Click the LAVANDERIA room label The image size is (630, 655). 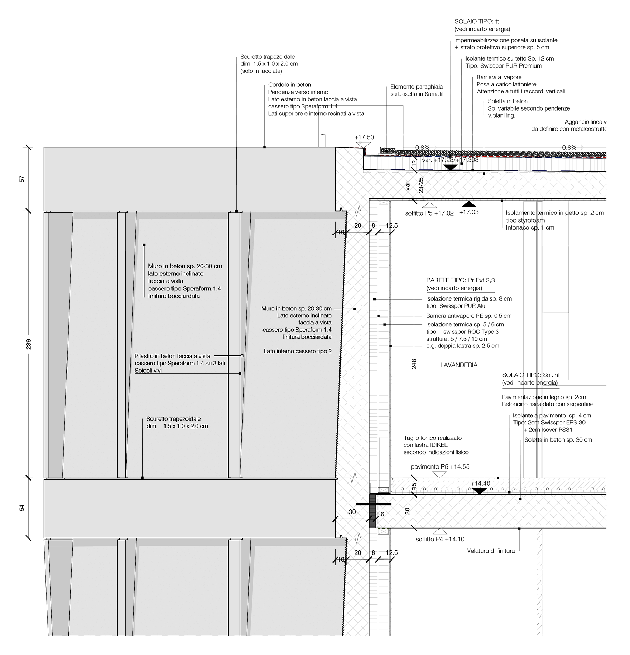pos(458,365)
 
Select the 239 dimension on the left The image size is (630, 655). pos(29,344)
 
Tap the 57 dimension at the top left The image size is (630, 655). pos(22,179)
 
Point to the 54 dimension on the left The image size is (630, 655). pos(22,508)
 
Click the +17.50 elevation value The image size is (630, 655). pos(364,138)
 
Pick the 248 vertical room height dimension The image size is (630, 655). pos(414,364)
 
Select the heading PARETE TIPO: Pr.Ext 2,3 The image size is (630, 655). pos(460,280)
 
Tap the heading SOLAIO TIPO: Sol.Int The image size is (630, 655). pos(531,375)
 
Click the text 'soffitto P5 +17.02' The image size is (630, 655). pos(429,213)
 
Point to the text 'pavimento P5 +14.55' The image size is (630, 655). pos(440,467)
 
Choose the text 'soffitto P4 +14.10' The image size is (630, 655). pos(440,539)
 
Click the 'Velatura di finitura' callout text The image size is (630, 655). pos(491,551)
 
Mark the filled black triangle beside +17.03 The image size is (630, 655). pos(469,204)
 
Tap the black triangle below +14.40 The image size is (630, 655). pos(479,491)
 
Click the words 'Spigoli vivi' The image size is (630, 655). pos(148,371)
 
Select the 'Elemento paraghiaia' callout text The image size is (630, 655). pos(416,87)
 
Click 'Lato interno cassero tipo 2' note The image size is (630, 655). pos(297,351)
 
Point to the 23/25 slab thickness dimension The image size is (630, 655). pos(421,185)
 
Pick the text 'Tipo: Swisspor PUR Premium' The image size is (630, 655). pos(504,66)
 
